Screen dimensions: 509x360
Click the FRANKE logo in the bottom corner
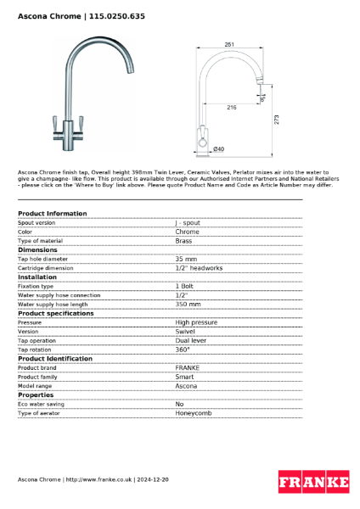[313, 481]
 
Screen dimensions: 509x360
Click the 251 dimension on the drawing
[229, 45]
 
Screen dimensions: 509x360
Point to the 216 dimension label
[231, 108]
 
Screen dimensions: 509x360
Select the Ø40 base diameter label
[218, 149]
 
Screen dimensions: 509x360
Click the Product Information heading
[52, 213]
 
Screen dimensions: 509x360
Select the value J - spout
[188, 222]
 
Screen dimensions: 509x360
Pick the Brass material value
[183, 241]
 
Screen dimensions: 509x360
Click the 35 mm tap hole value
[186, 259]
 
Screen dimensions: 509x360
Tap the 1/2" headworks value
[199, 268]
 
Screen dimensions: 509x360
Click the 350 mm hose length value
[188, 304]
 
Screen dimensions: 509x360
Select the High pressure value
[196, 322]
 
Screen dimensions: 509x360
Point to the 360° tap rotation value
[183, 350]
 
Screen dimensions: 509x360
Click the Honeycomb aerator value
[193, 413]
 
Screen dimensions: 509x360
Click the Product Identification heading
[55, 358]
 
